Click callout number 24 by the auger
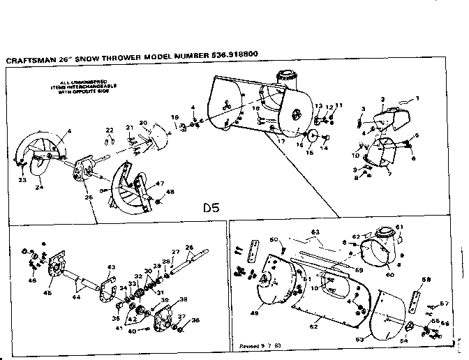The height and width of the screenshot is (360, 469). (x=40, y=186)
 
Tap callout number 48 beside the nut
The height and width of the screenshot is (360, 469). (x=170, y=193)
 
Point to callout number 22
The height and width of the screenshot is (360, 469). (x=110, y=130)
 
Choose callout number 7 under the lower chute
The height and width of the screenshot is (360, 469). (x=389, y=172)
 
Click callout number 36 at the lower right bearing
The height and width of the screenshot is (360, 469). (x=195, y=320)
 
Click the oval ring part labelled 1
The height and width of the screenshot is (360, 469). (x=403, y=103)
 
